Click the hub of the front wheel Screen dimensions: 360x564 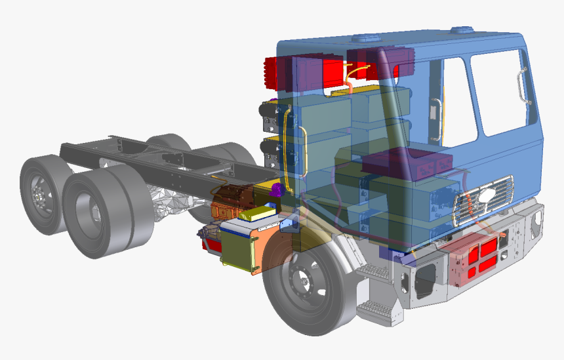(x=303, y=279)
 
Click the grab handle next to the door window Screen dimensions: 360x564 (x=523, y=85)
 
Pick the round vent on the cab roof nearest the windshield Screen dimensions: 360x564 (x=464, y=29)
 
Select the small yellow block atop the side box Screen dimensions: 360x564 (x=256, y=214)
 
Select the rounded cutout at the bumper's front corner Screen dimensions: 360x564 (x=427, y=275)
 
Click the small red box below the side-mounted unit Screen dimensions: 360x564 (x=213, y=246)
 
